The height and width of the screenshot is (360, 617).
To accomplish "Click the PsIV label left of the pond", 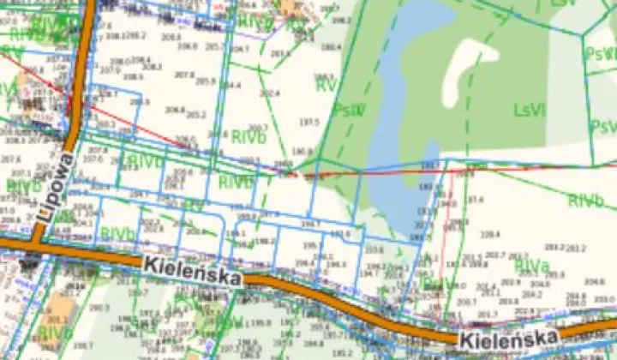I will (349, 110).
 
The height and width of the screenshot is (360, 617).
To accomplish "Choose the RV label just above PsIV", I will (326, 86).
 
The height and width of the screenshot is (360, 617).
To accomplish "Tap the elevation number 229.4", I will (490, 233).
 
